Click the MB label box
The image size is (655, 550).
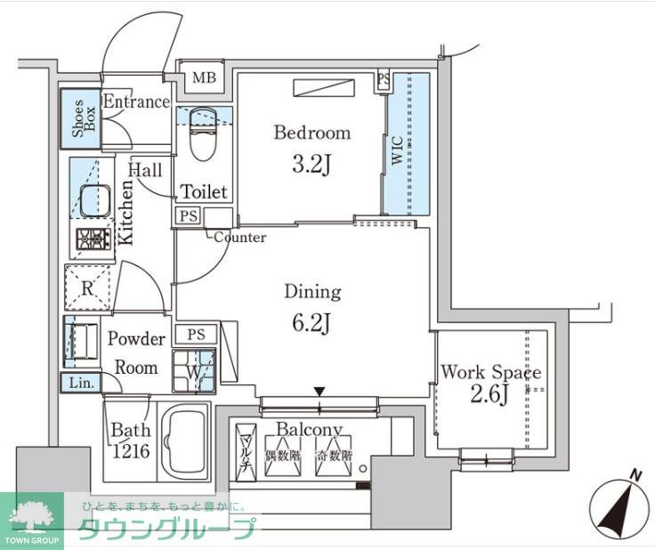(205, 78)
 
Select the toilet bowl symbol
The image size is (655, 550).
(203, 133)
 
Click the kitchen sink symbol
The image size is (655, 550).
(94, 202)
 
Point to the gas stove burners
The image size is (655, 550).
(93, 239)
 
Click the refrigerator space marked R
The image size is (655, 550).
(88, 287)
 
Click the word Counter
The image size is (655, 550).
(239, 238)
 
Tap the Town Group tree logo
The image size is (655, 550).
(31, 515)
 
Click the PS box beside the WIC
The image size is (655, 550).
(384, 81)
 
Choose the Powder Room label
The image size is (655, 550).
(136, 353)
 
